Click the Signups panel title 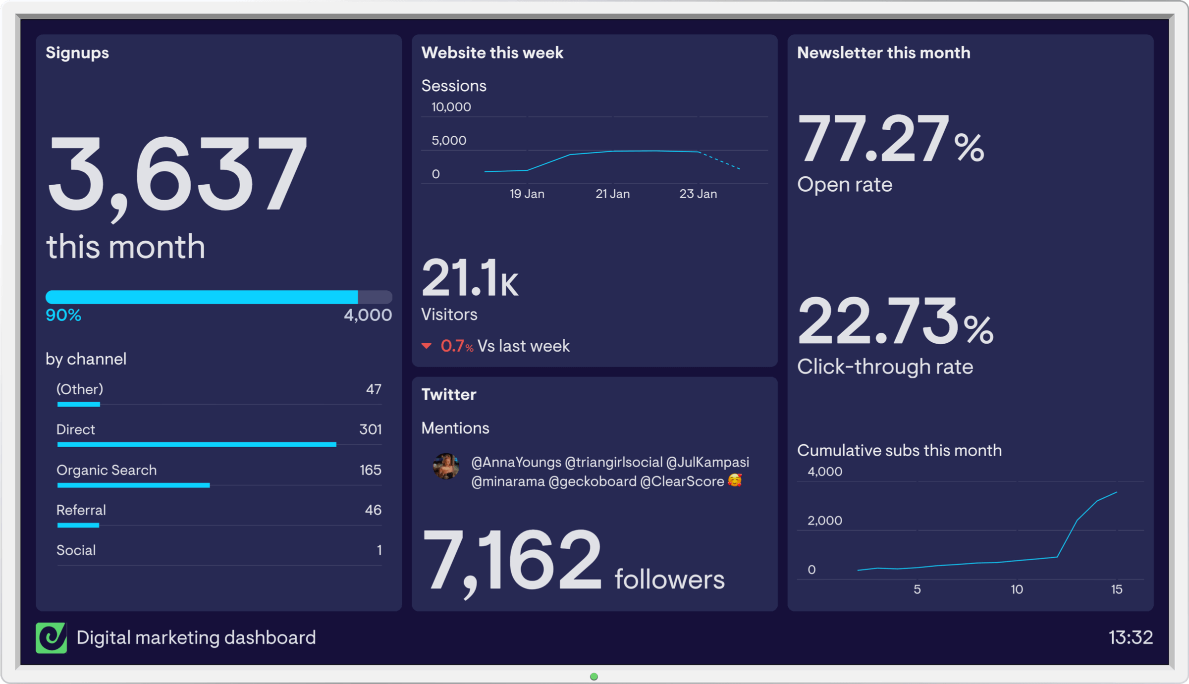(77, 53)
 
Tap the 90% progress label (63, 315)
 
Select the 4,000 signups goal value (368, 315)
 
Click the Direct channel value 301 (370, 429)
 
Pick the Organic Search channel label (106, 470)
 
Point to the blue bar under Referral (78, 526)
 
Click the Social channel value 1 (379, 550)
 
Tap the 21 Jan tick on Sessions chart (612, 194)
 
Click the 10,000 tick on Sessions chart (451, 107)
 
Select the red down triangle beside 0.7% (427, 346)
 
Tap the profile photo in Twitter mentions (445, 466)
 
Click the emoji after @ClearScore (735, 480)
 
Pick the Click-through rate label (885, 367)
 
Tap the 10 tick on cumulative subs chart (1017, 589)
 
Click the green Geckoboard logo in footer (51, 637)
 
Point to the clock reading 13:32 (1130, 637)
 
